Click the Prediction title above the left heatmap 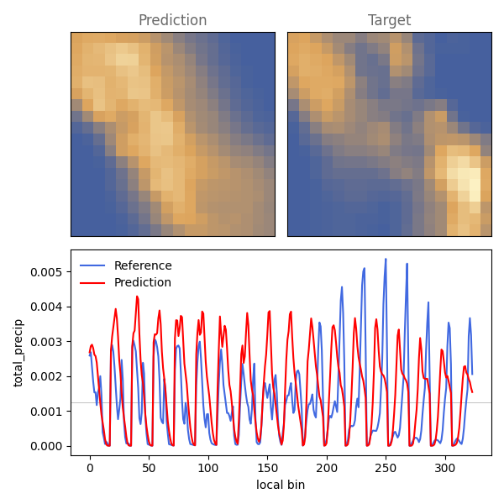coord(172,20)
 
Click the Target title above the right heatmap coord(389,20)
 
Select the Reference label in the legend coord(143,265)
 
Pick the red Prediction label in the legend coord(143,282)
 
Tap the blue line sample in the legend coord(92,265)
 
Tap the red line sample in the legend coord(92,283)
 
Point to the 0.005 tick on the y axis coord(45,272)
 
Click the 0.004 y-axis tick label coord(45,307)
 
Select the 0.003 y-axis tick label coord(45,342)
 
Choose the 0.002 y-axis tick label coord(45,376)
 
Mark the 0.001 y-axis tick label coord(45,412)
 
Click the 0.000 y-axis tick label coord(45,446)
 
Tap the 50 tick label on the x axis coord(150,468)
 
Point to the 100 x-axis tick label coord(208,468)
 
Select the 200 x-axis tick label coord(327,468)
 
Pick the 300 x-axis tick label coord(445,468)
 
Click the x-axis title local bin coord(281,485)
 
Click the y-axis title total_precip coord(18,353)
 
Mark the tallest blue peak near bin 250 coord(386,259)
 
